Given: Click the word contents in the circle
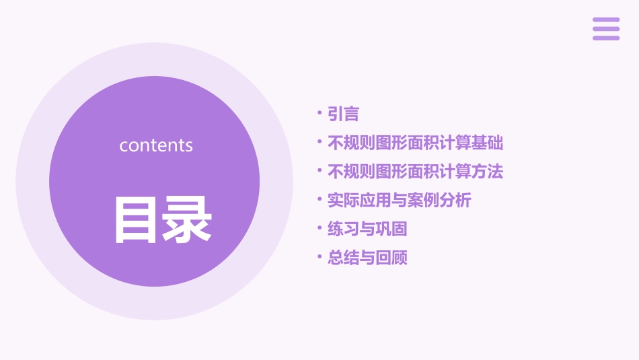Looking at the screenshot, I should point(156,145).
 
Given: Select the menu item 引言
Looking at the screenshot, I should point(343,114).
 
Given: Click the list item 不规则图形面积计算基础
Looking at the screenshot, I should point(415,143).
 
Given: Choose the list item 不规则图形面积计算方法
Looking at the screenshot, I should point(415,172).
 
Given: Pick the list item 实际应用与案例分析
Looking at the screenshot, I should point(399,201).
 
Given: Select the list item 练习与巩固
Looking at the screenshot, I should point(367,229).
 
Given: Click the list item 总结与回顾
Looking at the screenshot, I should point(367,258).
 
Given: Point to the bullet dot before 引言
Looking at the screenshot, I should point(319,114).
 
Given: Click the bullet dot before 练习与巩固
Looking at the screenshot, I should point(319,229).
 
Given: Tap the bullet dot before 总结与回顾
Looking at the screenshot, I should point(319,258).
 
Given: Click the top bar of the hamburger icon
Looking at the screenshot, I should point(606,20).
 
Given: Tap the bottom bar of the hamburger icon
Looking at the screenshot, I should point(606,38).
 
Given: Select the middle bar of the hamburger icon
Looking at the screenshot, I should point(606,29).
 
